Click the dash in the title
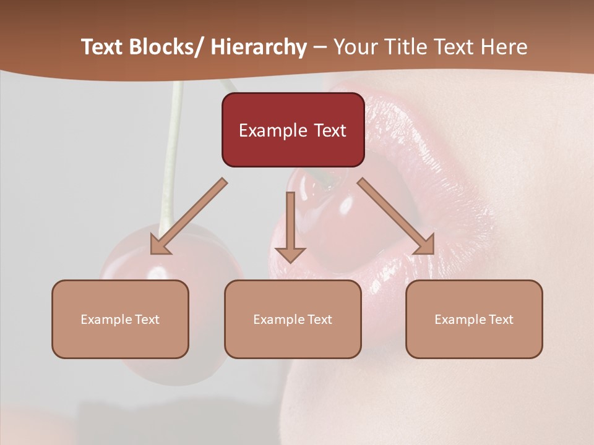click(x=320, y=48)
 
